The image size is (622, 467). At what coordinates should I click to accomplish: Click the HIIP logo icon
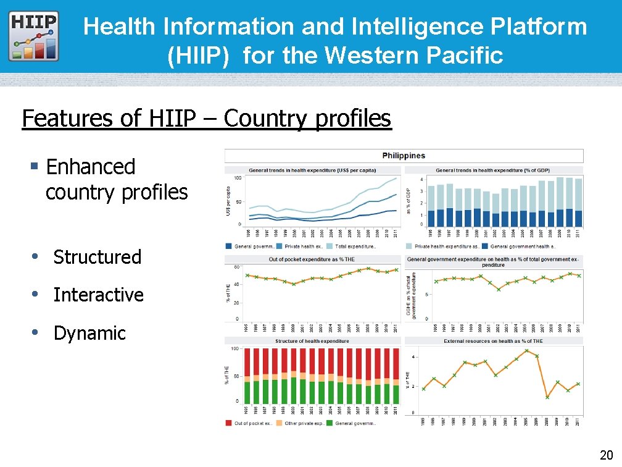[x=35, y=36]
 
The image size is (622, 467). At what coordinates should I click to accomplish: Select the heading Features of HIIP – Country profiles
[x=206, y=118]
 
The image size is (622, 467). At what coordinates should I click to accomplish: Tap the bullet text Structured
[x=97, y=257]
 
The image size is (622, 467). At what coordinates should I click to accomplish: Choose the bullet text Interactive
[x=98, y=295]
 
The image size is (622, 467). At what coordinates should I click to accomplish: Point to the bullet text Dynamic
[x=89, y=333]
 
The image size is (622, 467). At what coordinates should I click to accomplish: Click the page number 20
[x=605, y=455]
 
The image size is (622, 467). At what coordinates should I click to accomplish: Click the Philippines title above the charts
[x=404, y=155]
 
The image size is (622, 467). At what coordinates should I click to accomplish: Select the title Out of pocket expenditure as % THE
[x=312, y=259]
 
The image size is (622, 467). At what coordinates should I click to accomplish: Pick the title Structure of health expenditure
[x=312, y=341]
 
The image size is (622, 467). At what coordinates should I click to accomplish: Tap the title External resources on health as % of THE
[x=493, y=341]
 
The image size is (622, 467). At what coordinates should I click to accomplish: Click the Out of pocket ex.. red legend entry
[x=249, y=423]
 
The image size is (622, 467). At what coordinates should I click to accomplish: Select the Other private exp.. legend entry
[x=300, y=423]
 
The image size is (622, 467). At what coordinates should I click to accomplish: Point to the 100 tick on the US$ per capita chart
[x=237, y=179]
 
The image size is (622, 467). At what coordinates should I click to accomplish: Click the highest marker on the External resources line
[x=526, y=350]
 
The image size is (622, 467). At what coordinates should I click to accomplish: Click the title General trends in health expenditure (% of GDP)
[x=492, y=170]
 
